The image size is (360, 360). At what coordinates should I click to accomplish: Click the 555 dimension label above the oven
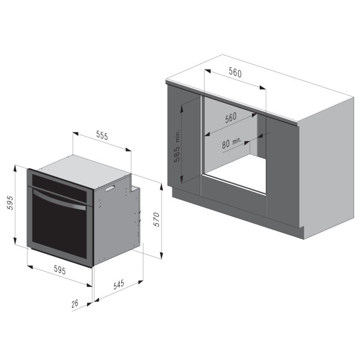(102, 136)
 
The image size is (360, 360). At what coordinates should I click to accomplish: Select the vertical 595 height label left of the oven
(10, 203)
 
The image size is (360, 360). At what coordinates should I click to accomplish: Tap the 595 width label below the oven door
(59, 270)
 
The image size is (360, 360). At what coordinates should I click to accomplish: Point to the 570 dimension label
(157, 220)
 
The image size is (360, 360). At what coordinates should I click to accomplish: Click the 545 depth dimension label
(119, 284)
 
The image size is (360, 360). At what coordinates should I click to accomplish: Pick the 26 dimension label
(75, 304)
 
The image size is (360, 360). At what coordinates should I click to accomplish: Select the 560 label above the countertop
(235, 73)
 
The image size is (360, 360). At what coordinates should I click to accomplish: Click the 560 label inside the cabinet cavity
(230, 118)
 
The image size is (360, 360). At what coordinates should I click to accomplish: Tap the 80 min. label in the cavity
(232, 143)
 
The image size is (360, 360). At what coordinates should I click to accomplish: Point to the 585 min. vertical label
(177, 146)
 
